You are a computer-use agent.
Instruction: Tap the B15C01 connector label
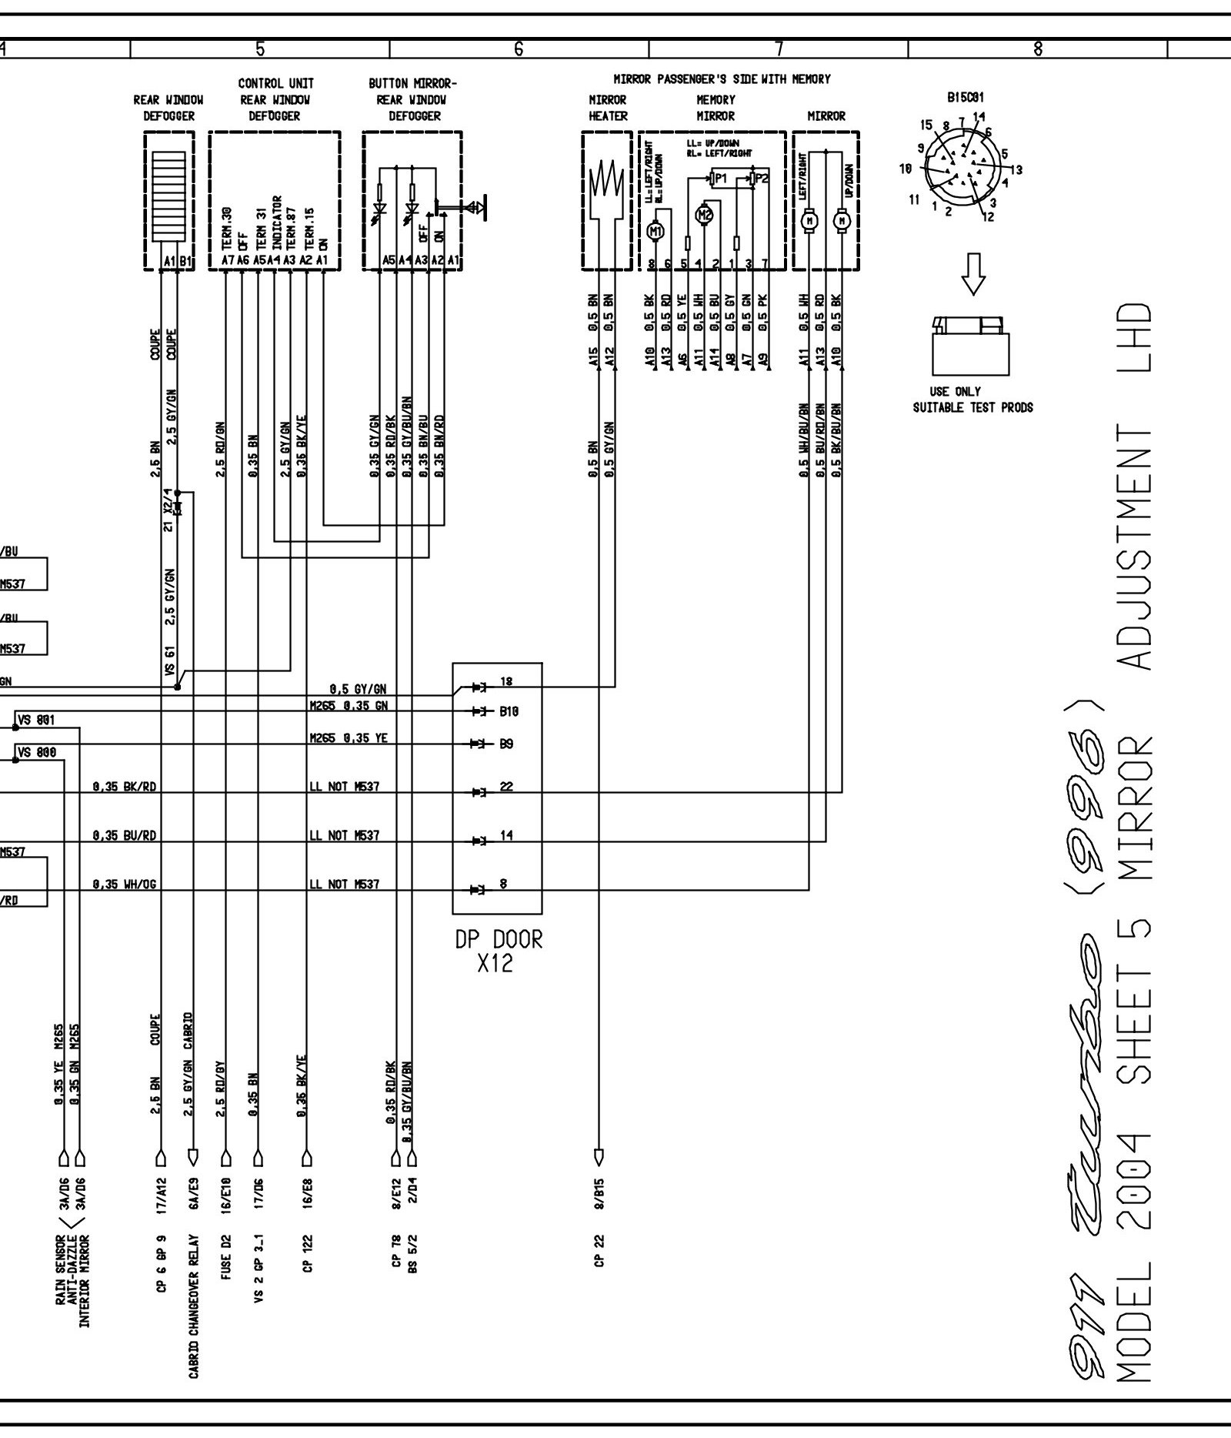966,99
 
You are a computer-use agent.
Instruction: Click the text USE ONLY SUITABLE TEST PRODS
972,400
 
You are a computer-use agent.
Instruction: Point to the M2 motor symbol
705,215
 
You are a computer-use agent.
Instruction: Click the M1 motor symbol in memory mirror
656,230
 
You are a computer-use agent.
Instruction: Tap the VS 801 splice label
36,721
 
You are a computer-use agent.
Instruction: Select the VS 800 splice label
36,753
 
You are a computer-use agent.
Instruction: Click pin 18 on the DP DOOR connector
505,682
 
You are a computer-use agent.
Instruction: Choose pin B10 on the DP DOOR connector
509,712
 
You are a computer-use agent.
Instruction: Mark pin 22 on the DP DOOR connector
505,788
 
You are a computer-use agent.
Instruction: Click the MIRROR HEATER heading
608,108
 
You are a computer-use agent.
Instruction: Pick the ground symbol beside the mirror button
480,206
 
